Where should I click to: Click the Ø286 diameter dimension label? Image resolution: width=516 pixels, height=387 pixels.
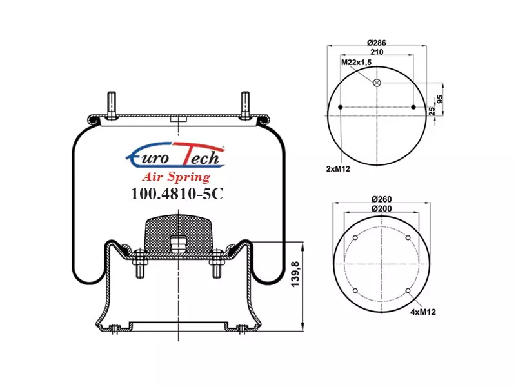click(x=377, y=43)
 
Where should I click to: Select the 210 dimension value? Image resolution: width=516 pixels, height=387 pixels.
click(x=377, y=52)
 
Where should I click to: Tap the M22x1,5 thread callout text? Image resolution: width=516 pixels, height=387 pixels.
click(x=356, y=62)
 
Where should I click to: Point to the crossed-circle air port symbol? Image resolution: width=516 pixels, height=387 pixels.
click(x=377, y=83)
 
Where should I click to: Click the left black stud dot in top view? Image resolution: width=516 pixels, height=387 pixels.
click(x=341, y=107)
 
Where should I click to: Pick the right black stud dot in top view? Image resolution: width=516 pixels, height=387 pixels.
click(x=413, y=107)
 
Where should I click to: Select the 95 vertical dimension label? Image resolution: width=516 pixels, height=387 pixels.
click(x=440, y=99)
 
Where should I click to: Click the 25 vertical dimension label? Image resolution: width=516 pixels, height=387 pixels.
click(x=432, y=111)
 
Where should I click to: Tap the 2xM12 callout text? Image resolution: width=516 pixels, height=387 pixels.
click(x=338, y=169)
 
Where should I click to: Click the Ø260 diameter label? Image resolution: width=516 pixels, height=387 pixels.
click(x=381, y=199)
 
